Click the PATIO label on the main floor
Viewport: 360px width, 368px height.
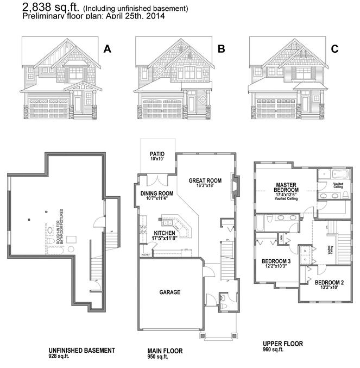click(x=157, y=154)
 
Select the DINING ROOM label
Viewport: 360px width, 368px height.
click(x=157, y=194)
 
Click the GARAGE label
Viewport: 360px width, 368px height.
click(x=169, y=292)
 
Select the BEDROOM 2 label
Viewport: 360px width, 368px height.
click(x=330, y=283)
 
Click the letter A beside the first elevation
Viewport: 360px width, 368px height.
click(x=107, y=49)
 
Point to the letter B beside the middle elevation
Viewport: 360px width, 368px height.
click(x=221, y=49)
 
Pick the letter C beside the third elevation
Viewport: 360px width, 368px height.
click(x=334, y=49)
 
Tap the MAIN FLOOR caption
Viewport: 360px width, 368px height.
click(x=166, y=351)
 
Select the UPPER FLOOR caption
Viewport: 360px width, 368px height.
click(x=283, y=344)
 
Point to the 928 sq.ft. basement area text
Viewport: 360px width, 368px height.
click(x=59, y=357)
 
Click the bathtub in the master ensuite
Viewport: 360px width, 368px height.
click(x=331, y=176)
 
